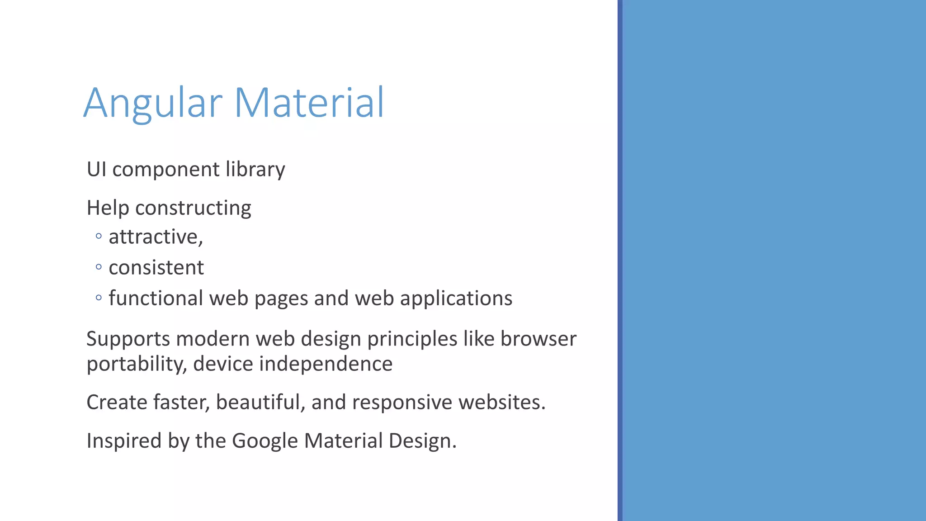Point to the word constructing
(x=193, y=208)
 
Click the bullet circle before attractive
(x=99, y=236)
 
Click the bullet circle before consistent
(x=99, y=267)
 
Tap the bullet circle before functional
(x=99, y=298)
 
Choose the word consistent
(x=156, y=268)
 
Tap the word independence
(x=326, y=364)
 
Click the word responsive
(x=402, y=403)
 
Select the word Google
(x=265, y=441)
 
